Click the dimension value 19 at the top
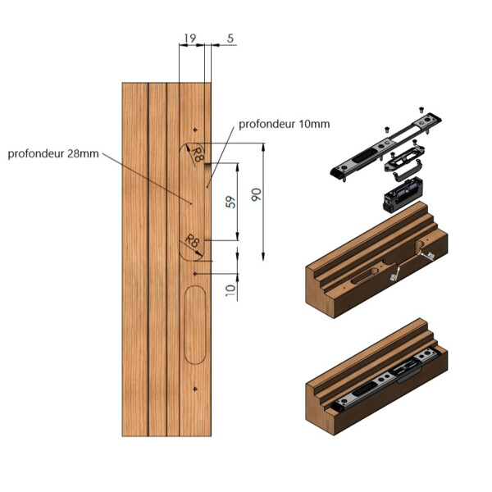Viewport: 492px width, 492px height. coord(190,39)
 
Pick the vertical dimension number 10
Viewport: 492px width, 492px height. coord(230,287)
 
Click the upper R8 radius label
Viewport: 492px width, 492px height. coord(198,153)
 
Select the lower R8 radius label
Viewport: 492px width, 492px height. coord(193,240)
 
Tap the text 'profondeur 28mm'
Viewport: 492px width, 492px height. coord(52,153)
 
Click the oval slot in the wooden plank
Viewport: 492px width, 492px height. coord(194,324)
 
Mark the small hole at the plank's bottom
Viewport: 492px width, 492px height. coord(194,388)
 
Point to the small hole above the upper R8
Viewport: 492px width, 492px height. coord(194,131)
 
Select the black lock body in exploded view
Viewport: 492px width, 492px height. coord(402,198)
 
